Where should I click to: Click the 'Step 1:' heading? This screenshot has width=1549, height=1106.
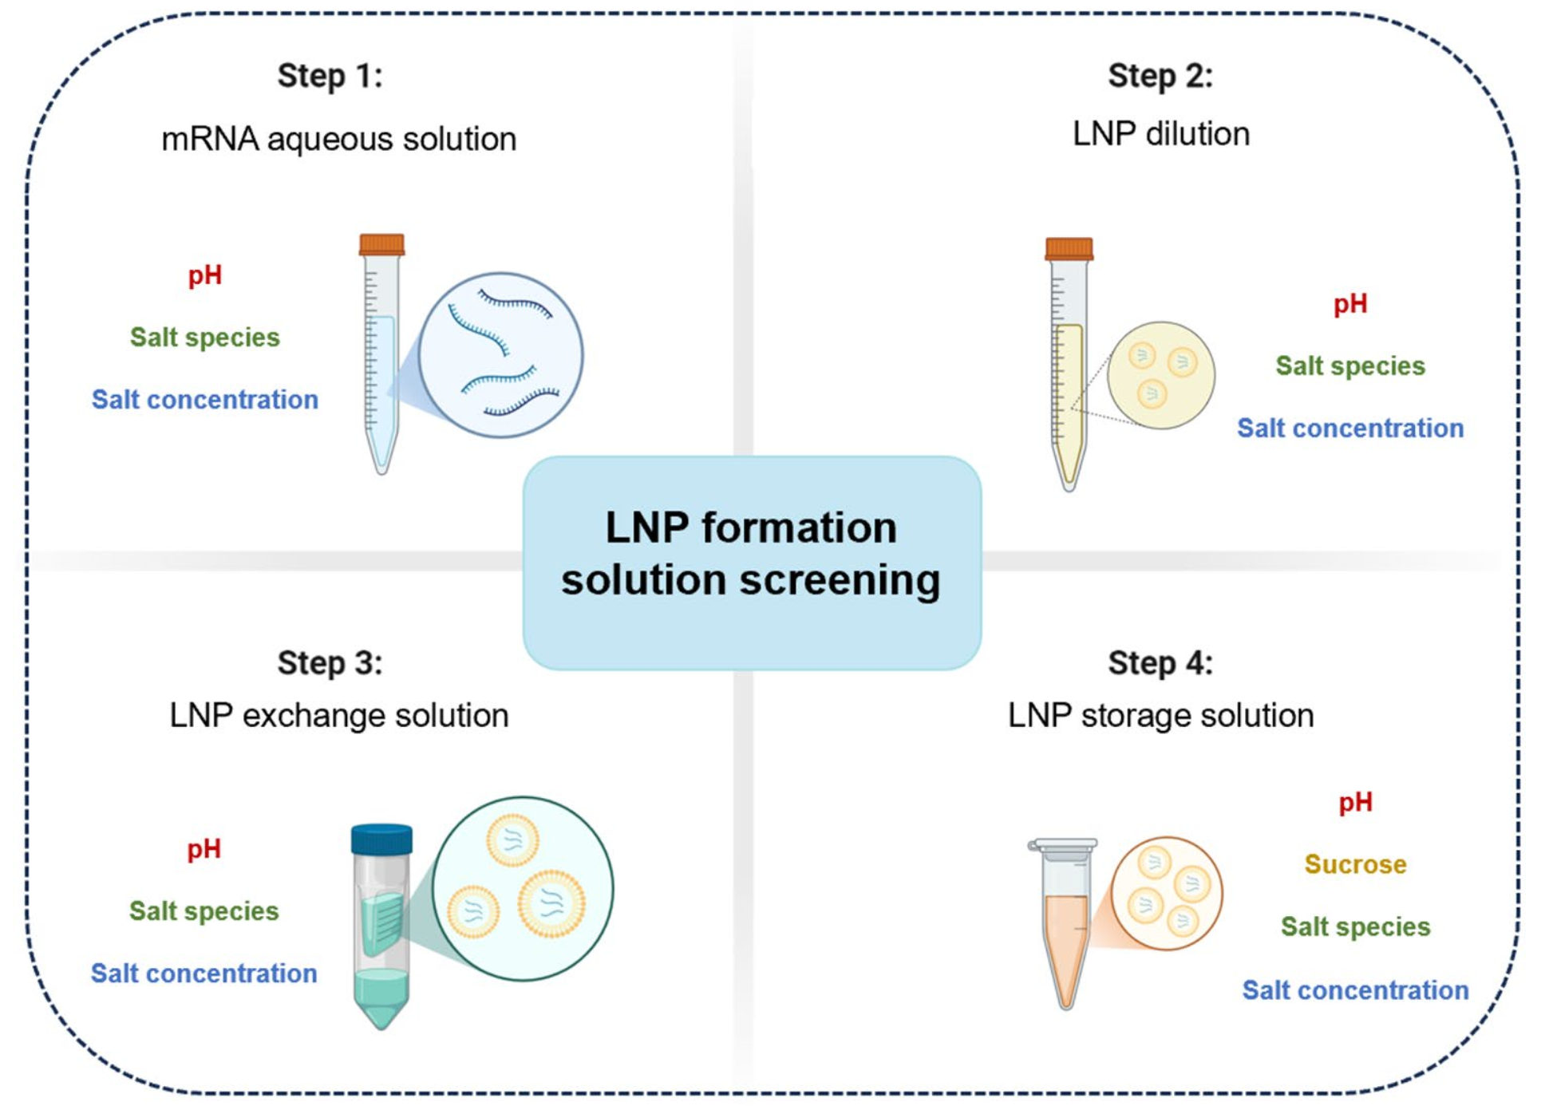[330, 77]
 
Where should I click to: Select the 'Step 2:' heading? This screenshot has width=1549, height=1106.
[1160, 77]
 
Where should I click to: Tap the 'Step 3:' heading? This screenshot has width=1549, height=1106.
[330, 663]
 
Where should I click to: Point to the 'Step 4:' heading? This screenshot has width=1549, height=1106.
[1160, 663]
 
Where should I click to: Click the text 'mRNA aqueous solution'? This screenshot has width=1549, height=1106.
[339, 140]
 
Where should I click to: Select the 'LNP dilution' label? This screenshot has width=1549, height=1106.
[1161, 134]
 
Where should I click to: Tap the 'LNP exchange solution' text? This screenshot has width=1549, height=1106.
[339, 716]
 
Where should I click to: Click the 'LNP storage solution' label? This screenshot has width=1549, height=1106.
[1161, 716]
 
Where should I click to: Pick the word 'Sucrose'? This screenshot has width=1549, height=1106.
[1355, 864]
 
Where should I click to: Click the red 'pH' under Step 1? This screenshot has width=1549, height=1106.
[205, 276]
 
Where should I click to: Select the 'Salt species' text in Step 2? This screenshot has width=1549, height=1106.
[1350, 366]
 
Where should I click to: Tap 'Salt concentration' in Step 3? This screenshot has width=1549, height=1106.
[204, 974]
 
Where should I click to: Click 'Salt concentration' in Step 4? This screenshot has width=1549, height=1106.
[1355, 990]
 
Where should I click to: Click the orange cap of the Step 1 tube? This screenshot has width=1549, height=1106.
[381, 244]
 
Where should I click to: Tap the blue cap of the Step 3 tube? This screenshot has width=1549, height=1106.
[381, 839]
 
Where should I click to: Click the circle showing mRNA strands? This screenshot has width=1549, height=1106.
[501, 355]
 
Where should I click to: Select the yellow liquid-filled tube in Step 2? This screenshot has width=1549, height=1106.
[1069, 364]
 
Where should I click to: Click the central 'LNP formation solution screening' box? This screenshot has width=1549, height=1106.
[752, 563]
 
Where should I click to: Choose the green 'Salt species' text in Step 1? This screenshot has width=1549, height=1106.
[205, 338]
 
